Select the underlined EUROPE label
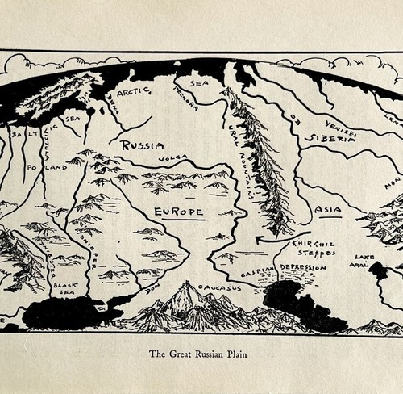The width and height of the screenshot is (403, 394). pos(178,212)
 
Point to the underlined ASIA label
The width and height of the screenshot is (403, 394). pos(328,210)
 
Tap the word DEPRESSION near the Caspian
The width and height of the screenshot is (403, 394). pos(303,267)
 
